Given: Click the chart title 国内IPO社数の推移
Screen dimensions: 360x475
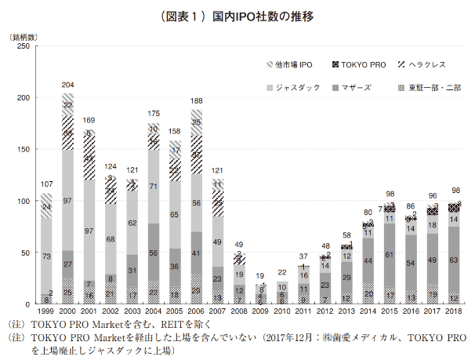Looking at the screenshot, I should tap(238, 15).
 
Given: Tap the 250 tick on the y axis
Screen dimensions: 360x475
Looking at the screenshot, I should tap(24, 47).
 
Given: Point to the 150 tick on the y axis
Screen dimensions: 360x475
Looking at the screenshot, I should tap(24, 150).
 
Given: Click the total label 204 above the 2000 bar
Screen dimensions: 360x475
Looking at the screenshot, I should tap(68, 85).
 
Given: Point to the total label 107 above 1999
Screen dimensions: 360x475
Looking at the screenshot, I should tap(47, 185).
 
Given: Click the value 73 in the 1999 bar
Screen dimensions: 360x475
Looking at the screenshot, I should tap(47, 256).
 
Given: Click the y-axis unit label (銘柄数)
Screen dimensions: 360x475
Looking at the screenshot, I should tap(24, 37).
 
